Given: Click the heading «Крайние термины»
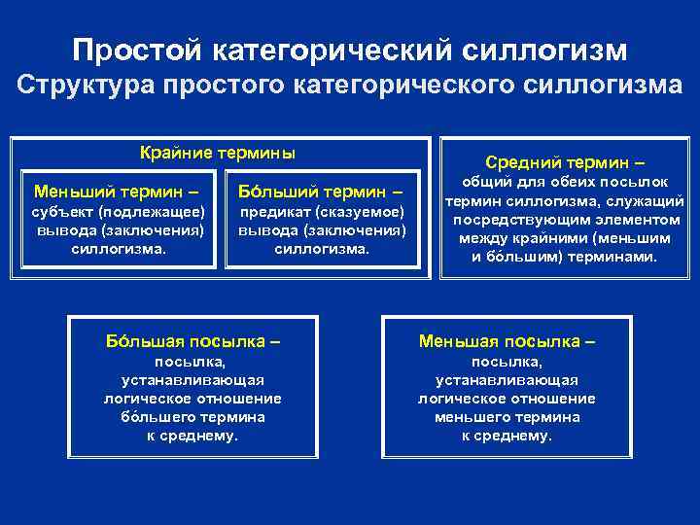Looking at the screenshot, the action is [217, 153].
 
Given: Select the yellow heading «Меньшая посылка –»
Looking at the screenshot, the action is [507, 341].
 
